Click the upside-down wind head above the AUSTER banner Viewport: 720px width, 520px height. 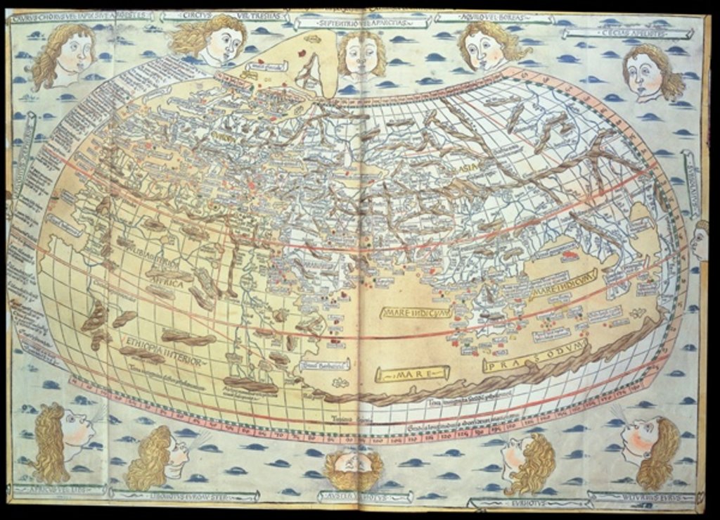(x=354, y=469)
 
